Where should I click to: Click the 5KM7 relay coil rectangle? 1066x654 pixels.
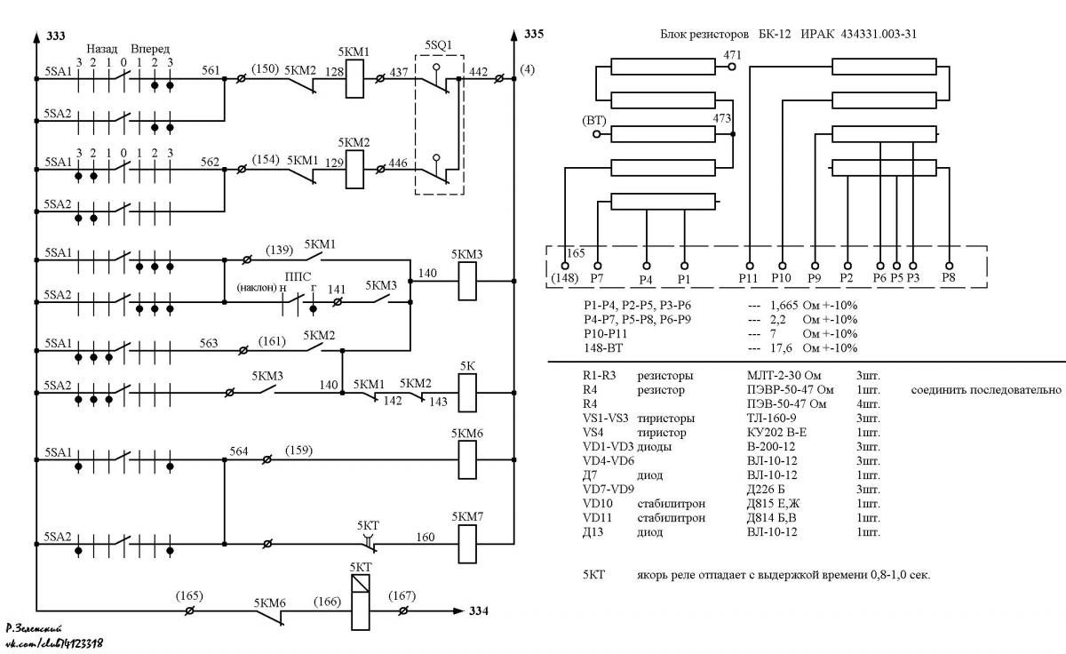click(467, 544)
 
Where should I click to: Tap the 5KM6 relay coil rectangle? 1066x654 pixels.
click(467, 459)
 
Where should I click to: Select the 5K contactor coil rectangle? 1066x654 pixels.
click(467, 393)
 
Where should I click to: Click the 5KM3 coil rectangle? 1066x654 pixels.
click(467, 282)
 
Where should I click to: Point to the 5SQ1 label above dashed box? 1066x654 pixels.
click(438, 45)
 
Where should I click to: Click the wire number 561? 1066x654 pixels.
click(211, 70)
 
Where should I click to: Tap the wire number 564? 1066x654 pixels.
click(238, 451)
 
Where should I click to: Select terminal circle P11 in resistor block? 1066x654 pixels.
click(750, 266)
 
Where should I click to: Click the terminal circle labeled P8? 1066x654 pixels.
click(949, 266)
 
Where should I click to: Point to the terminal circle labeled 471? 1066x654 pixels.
click(732, 67)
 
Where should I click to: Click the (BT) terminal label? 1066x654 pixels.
click(594, 121)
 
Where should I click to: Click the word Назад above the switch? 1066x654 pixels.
click(102, 49)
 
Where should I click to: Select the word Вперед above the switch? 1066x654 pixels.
click(150, 49)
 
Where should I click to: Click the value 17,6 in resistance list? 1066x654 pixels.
click(781, 348)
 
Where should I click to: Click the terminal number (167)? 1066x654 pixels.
click(402, 596)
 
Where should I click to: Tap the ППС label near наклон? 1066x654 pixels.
click(298, 276)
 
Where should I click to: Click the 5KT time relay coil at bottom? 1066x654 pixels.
click(361, 602)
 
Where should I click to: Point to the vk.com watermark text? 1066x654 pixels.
click(54, 644)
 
